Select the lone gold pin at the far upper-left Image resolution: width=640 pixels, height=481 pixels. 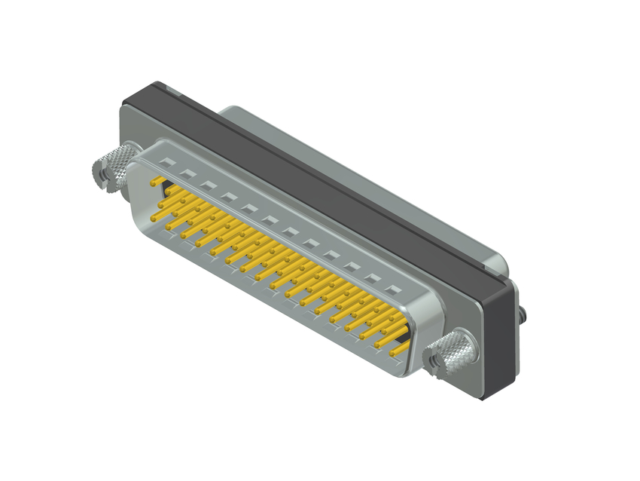coord(155,182)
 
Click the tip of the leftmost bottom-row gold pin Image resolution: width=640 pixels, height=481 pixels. coord(155,219)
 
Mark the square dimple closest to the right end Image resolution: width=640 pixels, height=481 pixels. coord(392,289)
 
